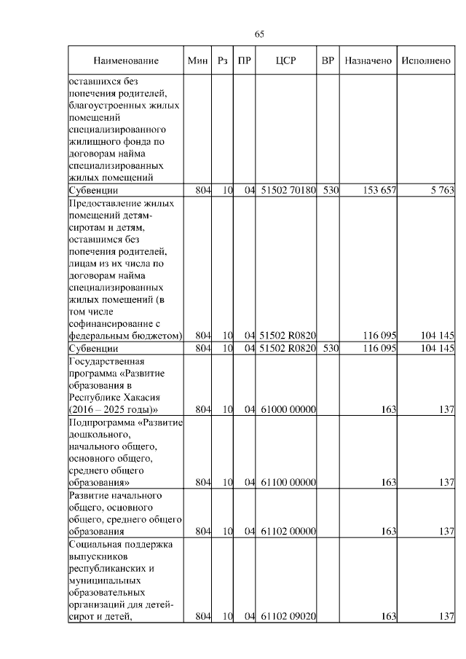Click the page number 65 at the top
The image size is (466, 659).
[x=259, y=33]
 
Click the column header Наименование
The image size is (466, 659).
[x=125, y=61]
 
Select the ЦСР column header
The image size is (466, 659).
[x=285, y=61]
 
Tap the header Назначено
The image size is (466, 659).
[x=368, y=61]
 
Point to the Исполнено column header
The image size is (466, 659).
[x=424, y=61]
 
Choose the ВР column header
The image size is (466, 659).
[x=328, y=61]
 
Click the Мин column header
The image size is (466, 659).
[x=197, y=61]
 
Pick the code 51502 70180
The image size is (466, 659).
[x=287, y=191]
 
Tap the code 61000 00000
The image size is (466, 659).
[x=287, y=410]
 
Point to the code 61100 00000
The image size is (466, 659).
[x=287, y=482]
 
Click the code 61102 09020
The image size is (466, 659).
[x=287, y=617]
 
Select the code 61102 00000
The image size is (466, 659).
[x=287, y=532]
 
